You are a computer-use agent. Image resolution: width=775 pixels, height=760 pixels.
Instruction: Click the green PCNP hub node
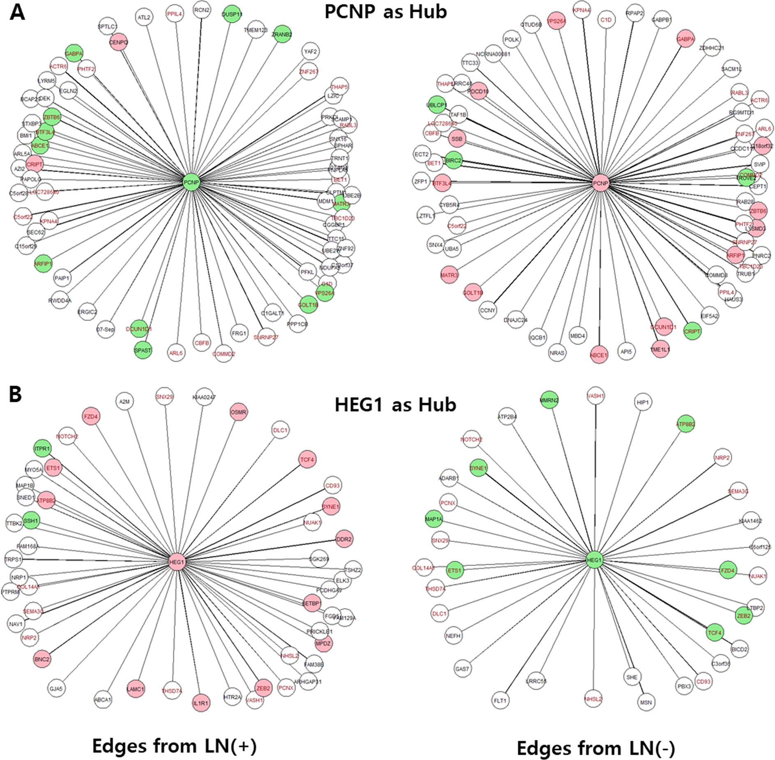click(191, 182)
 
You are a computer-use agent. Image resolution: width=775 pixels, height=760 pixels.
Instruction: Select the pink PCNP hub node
click(600, 183)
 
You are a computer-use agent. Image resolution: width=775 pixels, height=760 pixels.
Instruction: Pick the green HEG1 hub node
click(594, 560)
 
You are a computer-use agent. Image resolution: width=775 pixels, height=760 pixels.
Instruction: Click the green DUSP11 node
click(232, 14)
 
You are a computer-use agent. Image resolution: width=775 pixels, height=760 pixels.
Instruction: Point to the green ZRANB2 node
click(282, 35)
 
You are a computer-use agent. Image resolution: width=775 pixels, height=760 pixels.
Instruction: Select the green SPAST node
click(143, 350)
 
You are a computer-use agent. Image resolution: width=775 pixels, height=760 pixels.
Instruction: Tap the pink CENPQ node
click(119, 42)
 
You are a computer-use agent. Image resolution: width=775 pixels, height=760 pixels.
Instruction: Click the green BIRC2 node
click(453, 161)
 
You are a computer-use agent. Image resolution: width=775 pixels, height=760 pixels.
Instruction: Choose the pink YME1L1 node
click(660, 349)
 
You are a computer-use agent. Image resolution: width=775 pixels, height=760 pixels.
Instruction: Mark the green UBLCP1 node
click(436, 105)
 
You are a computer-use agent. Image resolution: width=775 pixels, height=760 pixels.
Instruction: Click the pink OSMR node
click(239, 412)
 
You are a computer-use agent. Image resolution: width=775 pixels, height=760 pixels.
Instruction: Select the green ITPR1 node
click(42, 449)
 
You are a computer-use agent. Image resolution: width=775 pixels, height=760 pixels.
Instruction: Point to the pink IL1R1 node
click(201, 703)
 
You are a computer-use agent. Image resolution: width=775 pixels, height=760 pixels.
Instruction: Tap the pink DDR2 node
click(344, 539)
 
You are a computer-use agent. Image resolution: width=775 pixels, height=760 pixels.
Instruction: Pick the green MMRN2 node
click(549, 400)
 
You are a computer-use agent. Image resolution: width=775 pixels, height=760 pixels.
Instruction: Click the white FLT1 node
click(500, 700)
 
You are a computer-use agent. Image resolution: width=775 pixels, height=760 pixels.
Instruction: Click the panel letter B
click(16, 394)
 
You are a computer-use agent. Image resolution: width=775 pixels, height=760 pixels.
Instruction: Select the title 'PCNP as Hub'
click(385, 12)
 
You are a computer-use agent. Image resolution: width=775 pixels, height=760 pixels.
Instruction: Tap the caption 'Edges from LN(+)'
click(174, 745)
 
